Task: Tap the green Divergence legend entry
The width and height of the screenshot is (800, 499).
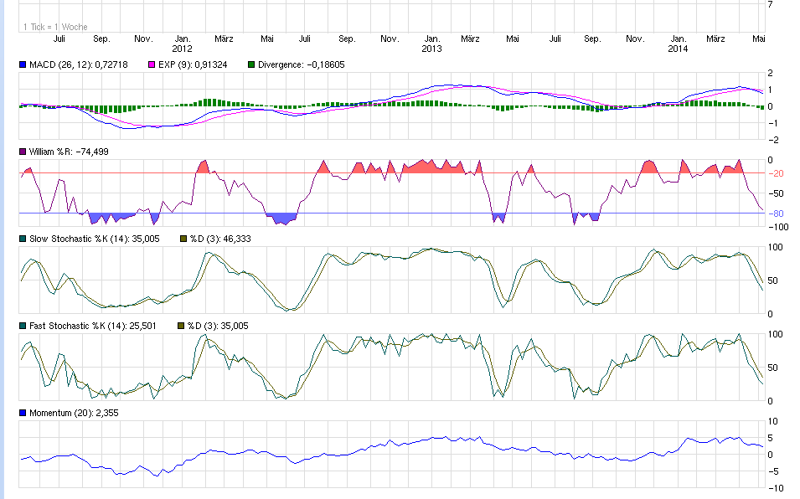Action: [x=297, y=64]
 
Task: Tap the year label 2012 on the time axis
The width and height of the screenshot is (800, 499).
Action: [x=183, y=49]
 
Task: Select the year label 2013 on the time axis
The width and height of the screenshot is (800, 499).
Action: [x=431, y=49]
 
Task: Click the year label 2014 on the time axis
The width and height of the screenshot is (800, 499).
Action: [x=679, y=49]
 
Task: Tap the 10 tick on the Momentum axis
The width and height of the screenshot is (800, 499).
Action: [x=772, y=421]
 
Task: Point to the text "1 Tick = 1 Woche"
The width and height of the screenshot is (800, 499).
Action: [x=55, y=28]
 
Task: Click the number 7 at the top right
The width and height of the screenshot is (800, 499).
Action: [x=770, y=4]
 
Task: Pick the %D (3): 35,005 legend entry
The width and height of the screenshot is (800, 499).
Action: [x=218, y=326]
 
